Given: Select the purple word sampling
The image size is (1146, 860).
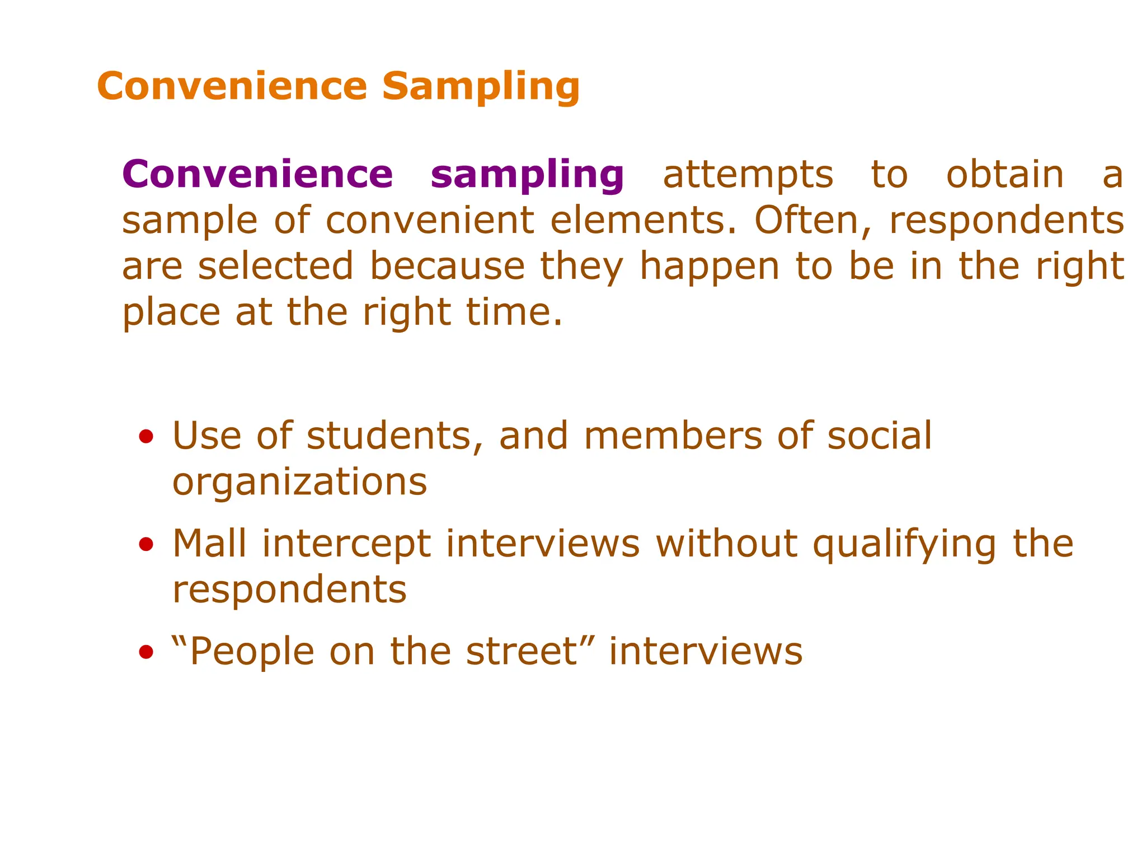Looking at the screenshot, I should (x=527, y=175).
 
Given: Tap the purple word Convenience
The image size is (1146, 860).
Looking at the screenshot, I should (x=257, y=175).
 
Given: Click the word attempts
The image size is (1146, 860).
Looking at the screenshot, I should (x=748, y=175).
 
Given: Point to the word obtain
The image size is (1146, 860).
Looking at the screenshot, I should (x=1004, y=175).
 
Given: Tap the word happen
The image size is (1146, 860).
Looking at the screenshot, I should (x=709, y=267).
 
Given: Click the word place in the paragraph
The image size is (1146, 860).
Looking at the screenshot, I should (x=171, y=312).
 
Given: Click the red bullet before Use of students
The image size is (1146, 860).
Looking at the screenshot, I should (x=146, y=436).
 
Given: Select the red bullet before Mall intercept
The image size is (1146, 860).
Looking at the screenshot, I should (x=146, y=544).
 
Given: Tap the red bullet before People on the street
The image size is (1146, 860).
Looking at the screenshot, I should (x=146, y=651).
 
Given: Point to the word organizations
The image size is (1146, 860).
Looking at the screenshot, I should (x=299, y=483).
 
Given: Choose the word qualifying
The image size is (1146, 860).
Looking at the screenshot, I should (x=904, y=544).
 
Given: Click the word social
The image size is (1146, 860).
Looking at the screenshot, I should (x=879, y=436).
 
